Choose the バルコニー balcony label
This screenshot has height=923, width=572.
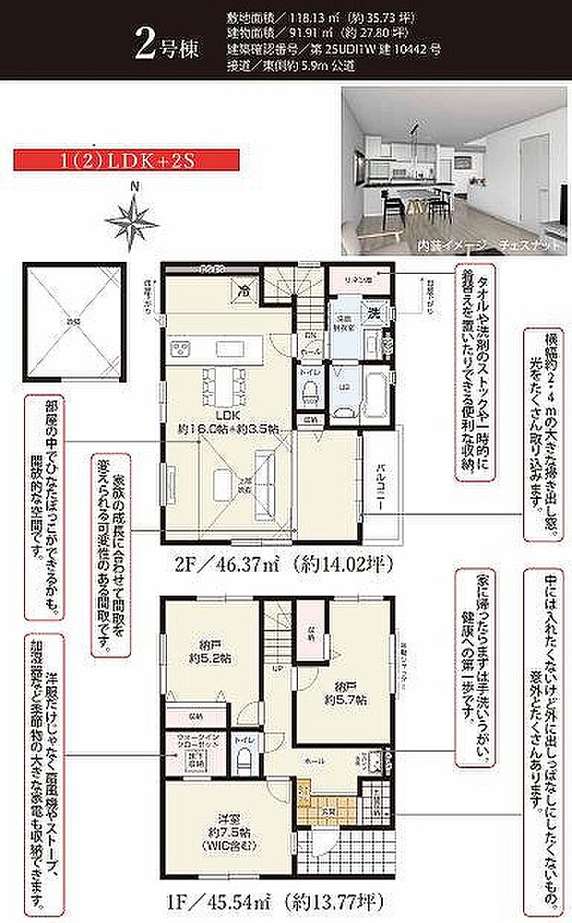click(381, 481)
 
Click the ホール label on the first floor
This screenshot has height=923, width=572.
click(316, 759)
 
